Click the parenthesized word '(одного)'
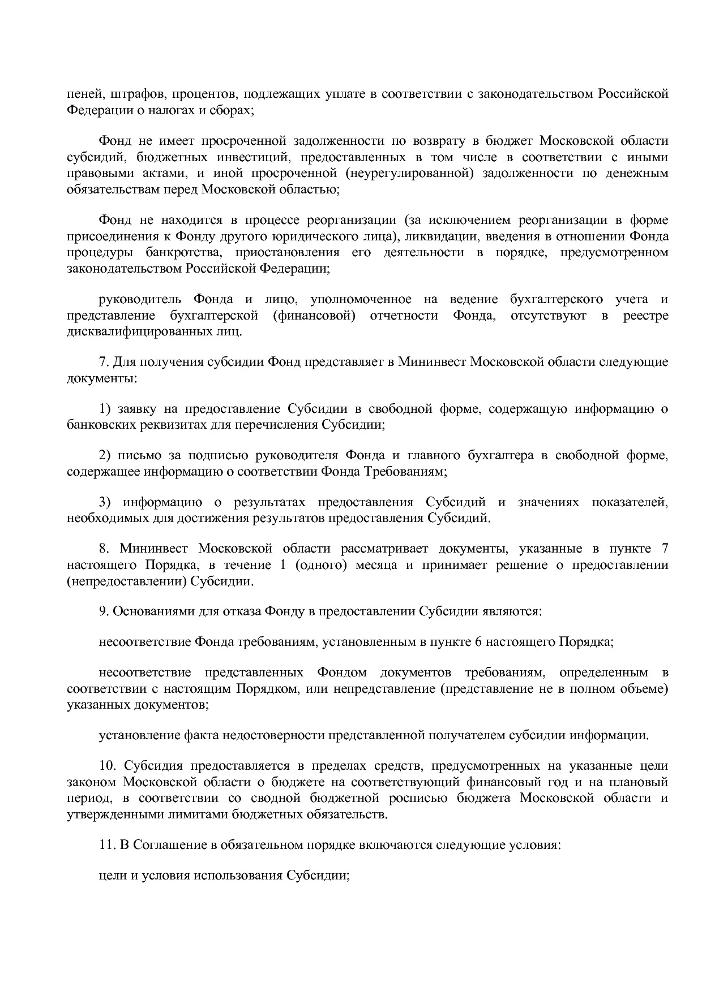(x=321, y=565)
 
